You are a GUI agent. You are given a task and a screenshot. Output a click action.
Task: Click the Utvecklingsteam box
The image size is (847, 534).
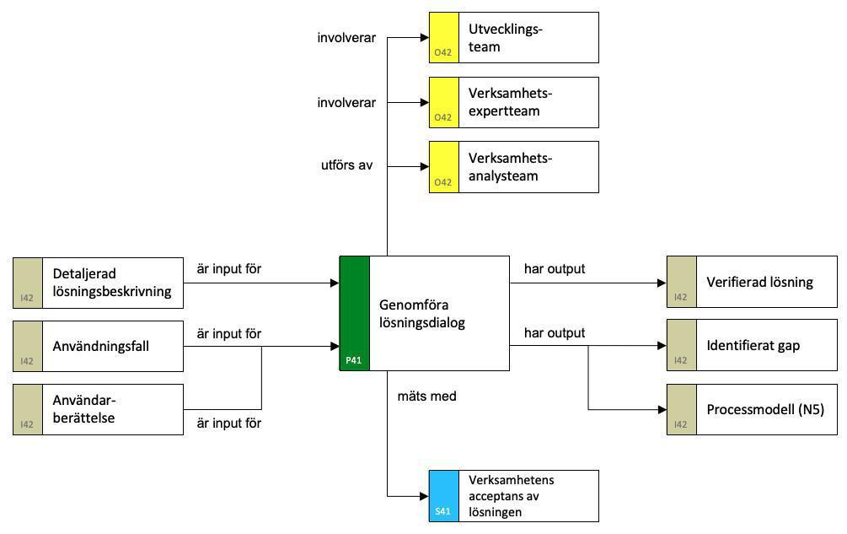(x=513, y=38)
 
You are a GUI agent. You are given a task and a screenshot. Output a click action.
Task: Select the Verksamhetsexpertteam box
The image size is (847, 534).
(x=513, y=102)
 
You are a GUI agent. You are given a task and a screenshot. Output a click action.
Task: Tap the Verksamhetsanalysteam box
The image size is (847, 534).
(x=513, y=167)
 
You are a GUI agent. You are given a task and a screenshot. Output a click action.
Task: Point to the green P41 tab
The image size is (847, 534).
(x=354, y=313)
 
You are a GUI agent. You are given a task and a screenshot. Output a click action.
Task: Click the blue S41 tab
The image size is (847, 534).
(x=443, y=496)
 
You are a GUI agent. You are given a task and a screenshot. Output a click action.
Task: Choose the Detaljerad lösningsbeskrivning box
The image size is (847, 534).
(x=98, y=283)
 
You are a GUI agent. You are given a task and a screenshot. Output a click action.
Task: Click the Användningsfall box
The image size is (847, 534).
(x=98, y=346)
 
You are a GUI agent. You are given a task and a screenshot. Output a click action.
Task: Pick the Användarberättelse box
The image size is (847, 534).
(x=98, y=409)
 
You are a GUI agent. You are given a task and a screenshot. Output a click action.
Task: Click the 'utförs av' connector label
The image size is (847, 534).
(x=347, y=165)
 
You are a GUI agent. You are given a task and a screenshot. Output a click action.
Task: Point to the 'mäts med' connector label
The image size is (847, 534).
(x=426, y=395)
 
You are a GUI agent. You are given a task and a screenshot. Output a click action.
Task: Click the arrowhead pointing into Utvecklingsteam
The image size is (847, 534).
(x=424, y=38)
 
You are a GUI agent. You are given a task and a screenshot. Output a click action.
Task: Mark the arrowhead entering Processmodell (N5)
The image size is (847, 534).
(x=662, y=409)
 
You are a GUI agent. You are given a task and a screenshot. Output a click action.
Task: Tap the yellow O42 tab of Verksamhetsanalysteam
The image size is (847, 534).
(x=443, y=167)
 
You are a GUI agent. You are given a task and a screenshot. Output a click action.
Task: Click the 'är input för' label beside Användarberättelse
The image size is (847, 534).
(x=228, y=423)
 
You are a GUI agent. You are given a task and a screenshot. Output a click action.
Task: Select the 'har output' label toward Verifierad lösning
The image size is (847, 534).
(x=554, y=269)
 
